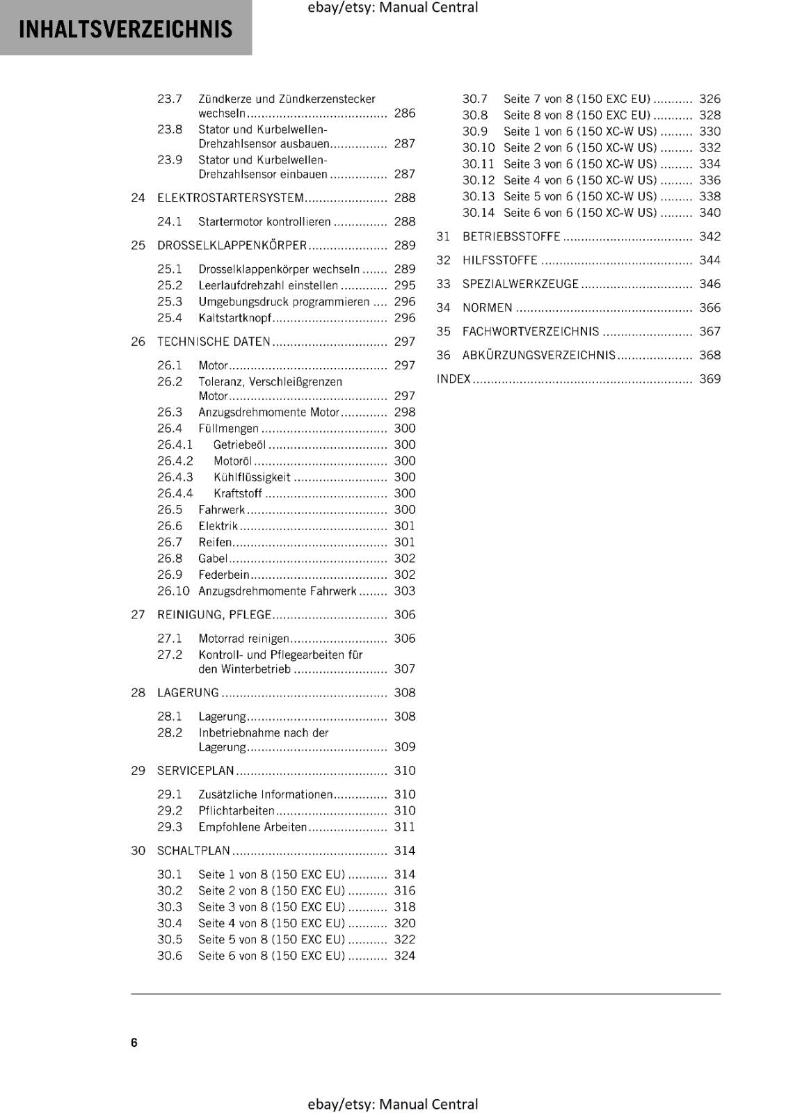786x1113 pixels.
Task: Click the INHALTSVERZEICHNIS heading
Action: coord(125,29)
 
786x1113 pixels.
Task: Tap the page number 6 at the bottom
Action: coord(134,1042)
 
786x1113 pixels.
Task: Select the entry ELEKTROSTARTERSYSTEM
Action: coord(230,198)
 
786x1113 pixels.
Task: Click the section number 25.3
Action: coord(169,302)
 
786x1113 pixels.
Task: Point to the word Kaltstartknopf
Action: coord(234,318)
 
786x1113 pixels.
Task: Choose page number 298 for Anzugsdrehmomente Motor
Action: coord(404,412)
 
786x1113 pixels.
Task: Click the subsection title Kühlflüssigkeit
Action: coord(252,477)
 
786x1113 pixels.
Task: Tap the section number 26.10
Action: coord(173,591)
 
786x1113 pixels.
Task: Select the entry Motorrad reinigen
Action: coord(243,639)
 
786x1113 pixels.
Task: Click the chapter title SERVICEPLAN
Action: coord(195,771)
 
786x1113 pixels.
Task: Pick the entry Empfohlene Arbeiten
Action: coord(252,827)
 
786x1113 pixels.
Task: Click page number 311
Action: coord(404,827)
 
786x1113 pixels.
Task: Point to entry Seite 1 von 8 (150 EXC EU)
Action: coord(271,874)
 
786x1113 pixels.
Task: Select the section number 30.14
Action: coord(478,213)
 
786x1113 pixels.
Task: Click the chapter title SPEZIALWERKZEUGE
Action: coord(520,284)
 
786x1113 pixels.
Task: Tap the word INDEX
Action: coord(454,379)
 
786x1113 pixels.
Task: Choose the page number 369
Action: coord(709,379)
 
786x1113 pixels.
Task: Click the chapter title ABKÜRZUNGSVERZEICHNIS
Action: coord(539,355)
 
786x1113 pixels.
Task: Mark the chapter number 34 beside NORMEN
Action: coord(443,307)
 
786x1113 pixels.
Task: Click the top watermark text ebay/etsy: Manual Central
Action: coord(392,8)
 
